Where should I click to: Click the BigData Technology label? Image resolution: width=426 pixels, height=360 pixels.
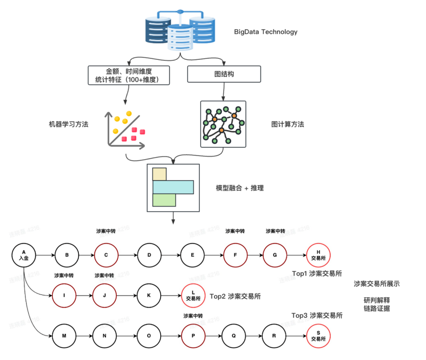265,32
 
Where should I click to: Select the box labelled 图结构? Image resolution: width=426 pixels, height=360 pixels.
224,74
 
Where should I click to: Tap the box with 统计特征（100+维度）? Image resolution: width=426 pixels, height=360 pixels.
129,76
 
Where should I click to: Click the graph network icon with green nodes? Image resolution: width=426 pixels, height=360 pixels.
223,124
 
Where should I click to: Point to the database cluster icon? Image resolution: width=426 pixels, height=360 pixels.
180,30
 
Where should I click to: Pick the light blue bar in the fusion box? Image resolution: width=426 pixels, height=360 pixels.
173,187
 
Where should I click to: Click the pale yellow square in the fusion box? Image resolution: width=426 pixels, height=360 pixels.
159,174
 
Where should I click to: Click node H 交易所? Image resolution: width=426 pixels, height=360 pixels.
318,255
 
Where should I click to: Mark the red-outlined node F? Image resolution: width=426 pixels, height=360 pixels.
236,255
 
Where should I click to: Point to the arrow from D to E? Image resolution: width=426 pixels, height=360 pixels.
171,255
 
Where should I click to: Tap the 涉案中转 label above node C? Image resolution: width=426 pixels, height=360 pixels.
106,231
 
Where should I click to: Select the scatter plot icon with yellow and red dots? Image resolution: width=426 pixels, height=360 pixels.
124,128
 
